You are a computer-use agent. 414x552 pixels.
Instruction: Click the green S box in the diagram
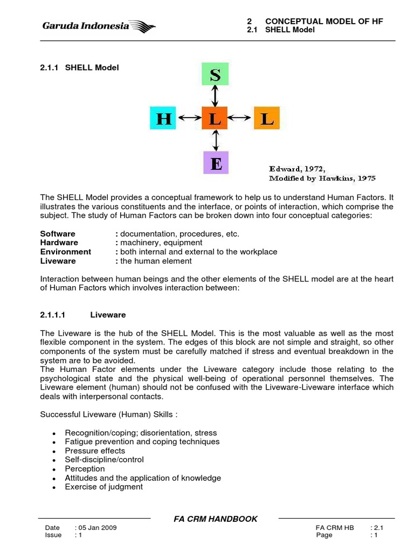tap(215, 74)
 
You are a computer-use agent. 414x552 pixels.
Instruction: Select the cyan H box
tap(164, 118)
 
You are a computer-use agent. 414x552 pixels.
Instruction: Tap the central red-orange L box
tap(215, 118)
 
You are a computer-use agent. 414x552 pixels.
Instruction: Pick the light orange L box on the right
tap(266, 118)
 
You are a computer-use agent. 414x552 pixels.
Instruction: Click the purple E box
tap(216, 162)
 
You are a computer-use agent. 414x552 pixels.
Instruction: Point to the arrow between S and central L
tap(215, 96)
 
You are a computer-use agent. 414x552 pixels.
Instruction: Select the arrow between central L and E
tap(216, 140)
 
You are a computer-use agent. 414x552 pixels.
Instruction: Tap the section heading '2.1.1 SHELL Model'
tap(80, 67)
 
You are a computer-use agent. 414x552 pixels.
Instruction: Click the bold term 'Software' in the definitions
tap(58, 234)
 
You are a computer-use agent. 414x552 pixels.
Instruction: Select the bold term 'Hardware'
tap(59, 243)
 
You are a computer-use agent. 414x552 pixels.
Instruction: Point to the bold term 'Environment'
tap(66, 252)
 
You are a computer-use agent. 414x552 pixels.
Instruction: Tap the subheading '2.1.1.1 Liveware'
tap(83, 315)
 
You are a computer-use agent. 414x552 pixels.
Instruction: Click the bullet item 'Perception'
tap(85, 469)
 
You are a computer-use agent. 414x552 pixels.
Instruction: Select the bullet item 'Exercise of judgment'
tap(103, 487)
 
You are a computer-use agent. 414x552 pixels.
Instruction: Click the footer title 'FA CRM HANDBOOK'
tap(215, 519)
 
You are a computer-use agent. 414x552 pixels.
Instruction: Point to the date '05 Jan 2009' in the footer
tap(97, 528)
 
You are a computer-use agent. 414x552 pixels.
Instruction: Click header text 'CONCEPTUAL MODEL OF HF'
tap(324, 22)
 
